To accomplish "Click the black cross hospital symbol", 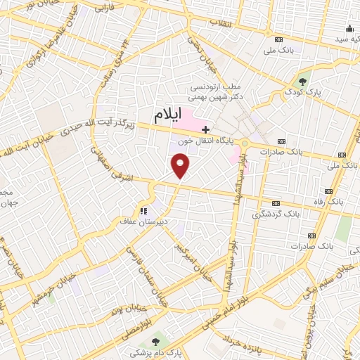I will tap(205, 129).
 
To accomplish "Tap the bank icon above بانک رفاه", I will tap(328, 192).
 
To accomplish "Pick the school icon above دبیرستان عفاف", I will tap(144, 210).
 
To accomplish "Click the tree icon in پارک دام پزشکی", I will tap(155, 342).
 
